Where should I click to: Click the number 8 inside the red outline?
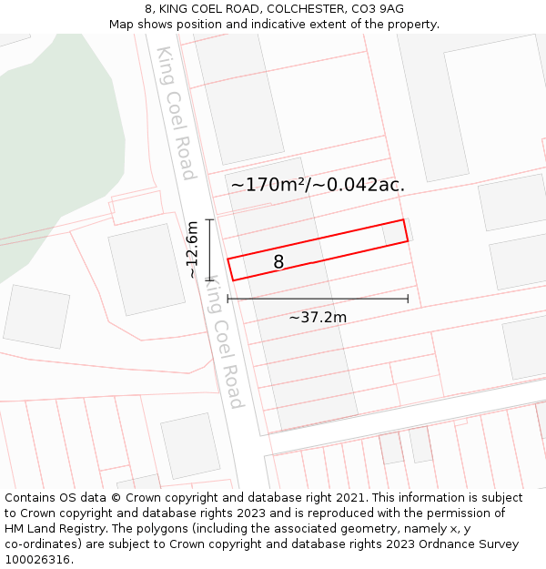point(278,262)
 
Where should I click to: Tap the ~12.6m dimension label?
point(192,249)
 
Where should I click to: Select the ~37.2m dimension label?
point(318,317)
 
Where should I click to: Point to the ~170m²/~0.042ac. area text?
point(318,185)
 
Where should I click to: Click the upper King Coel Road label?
point(176,113)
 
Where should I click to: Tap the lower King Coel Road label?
point(222,342)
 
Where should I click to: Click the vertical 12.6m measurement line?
point(210,249)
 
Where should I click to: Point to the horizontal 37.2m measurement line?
point(318,298)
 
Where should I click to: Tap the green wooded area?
point(55,155)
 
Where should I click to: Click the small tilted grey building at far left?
point(36,316)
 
